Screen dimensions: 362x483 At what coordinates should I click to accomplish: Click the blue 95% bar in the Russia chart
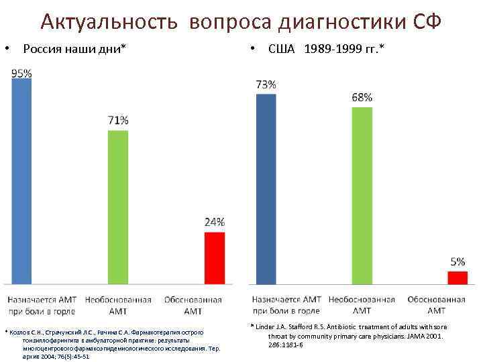click(x=21, y=181)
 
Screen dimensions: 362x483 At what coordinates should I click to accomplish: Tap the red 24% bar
click(x=214, y=257)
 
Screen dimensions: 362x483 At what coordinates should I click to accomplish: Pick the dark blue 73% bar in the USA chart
click(x=266, y=188)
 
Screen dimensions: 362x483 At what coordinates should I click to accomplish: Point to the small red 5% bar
click(x=457, y=277)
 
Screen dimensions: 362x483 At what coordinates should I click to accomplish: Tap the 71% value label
click(x=118, y=121)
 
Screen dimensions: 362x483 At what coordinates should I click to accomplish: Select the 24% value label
click(x=214, y=222)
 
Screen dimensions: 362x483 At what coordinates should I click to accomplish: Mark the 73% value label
click(x=266, y=84)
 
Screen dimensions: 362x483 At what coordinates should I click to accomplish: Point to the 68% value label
click(x=362, y=97)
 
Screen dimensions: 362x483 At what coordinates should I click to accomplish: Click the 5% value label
click(x=457, y=261)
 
